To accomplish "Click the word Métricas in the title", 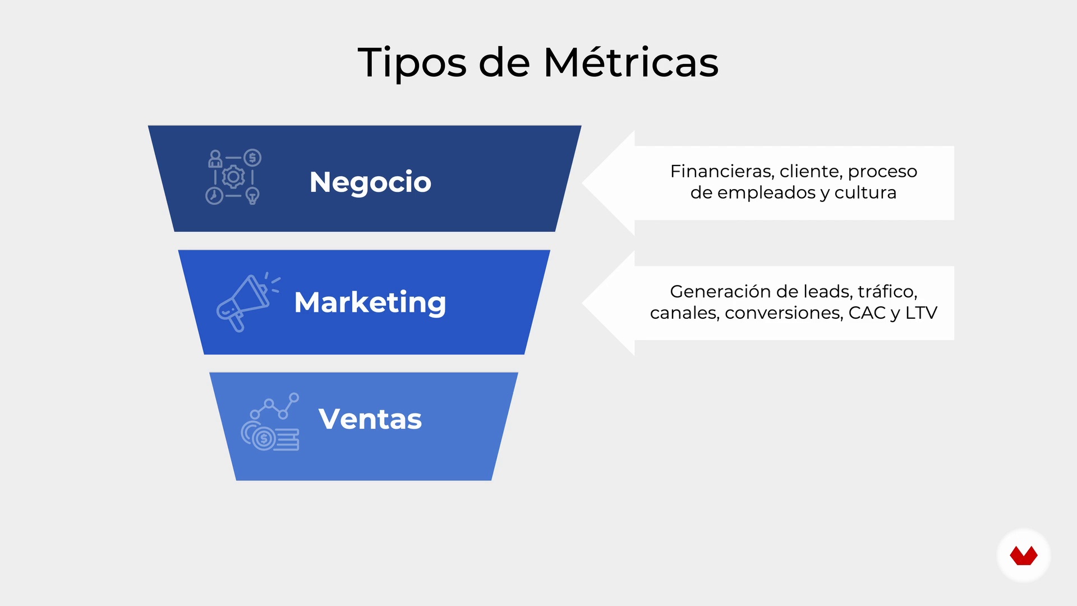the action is pyautogui.click(x=631, y=62).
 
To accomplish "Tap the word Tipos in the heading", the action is pyautogui.click(x=412, y=64).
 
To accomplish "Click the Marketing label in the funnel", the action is pyautogui.click(x=370, y=303).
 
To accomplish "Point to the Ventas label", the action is pyautogui.click(x=370, y=419).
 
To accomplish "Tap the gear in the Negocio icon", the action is pyautogui.click(x=233, y=177).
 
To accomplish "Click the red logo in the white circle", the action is pyautogui.click(x=1024, y=556).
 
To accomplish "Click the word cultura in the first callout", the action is pyautogui.click(x=866, y=192).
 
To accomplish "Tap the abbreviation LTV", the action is pyautogui.click(x=921, y=313).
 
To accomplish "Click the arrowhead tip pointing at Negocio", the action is pyautogui.click(x=583, y=183).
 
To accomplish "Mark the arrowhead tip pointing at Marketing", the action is pyautogui.click(x=583, y=303).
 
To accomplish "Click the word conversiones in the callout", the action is pyautogui.click(x=784, y=313).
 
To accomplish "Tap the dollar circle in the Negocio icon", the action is pyautogui.click(x=252, y=158).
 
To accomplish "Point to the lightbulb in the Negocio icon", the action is pyautogui.click(x=253, y=196).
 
